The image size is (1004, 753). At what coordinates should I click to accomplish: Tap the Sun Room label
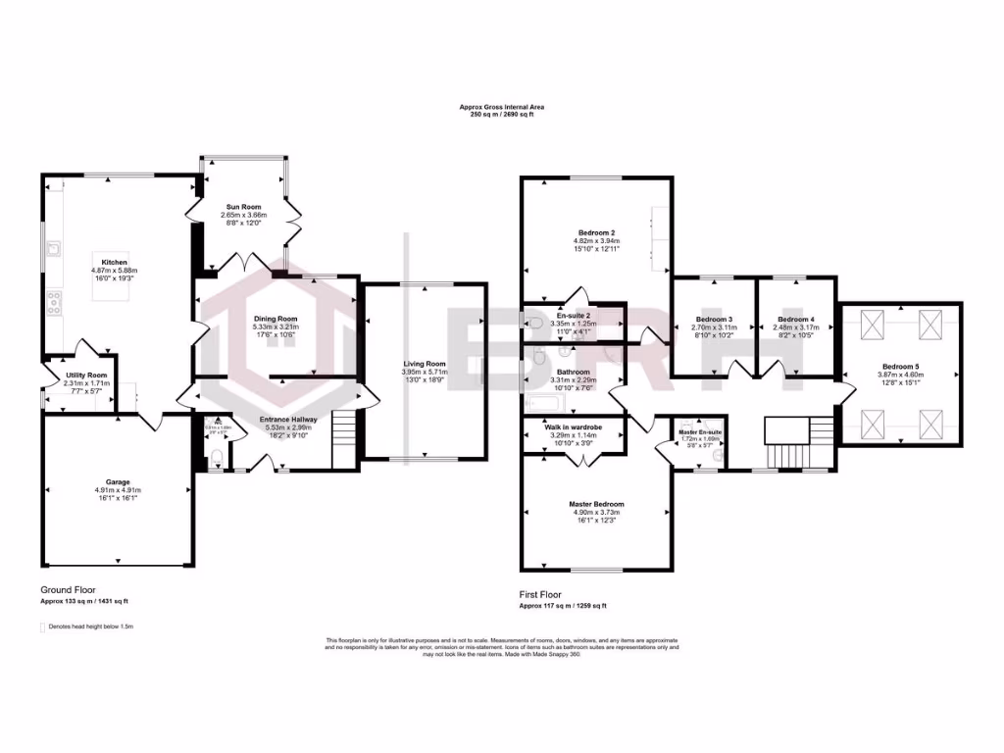click(x=244, y=207)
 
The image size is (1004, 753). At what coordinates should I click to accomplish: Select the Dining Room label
click(x=276, y=319)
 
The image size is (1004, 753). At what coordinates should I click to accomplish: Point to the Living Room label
click(x=424, y=364)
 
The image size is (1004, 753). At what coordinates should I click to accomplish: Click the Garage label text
click(x=118, y=482)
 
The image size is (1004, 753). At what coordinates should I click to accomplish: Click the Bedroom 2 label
click(x=596, y=232)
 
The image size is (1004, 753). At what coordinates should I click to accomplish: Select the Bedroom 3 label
click(x=715, y=320)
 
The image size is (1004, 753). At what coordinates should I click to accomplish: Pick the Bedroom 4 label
click(x=796, y=320)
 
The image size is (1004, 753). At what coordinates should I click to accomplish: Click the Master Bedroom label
click(x=596, y=504)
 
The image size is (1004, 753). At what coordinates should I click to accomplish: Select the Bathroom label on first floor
click(x=574, y=373)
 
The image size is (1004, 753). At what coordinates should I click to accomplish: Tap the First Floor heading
click(x=540, y=594)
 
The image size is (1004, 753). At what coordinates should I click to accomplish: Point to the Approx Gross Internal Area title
click(x=501, y=107)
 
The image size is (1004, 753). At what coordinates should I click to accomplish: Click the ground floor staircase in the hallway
click(x=342, y=438)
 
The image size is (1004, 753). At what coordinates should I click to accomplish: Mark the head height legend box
click(x=42, y=626)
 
